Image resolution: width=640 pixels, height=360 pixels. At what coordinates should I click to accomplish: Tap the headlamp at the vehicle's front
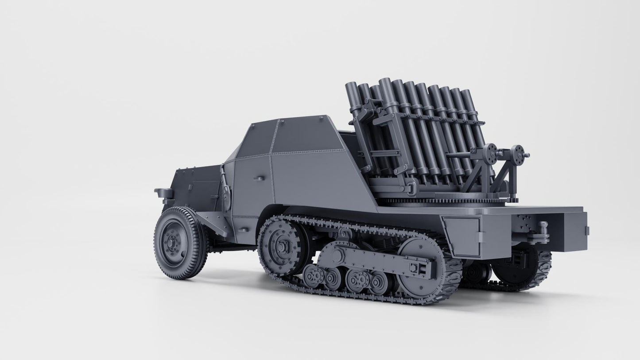164,193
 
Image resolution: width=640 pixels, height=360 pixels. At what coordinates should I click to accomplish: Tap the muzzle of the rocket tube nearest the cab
352,85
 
